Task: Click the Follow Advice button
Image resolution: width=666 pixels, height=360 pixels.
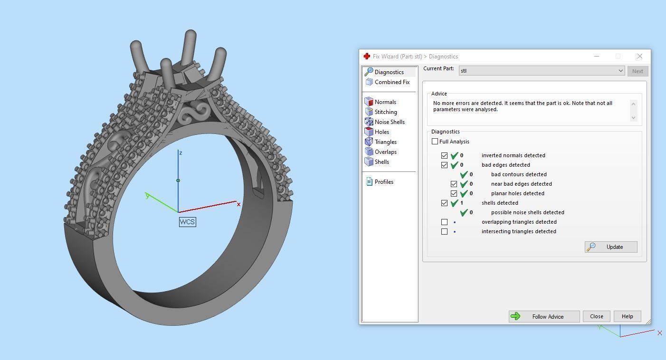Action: tap(544, 316)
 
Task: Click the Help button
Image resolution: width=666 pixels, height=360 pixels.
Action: tap(627, 316)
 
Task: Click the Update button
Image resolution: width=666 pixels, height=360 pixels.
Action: tap(611, 247)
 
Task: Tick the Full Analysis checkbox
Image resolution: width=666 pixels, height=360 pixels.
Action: tap(435, 142)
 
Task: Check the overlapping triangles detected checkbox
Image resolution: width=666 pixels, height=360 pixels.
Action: tap(444, 222)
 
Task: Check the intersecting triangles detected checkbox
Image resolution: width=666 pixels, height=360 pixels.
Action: tap(444, 231)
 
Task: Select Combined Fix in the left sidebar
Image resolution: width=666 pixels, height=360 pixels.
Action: tap(391, 82)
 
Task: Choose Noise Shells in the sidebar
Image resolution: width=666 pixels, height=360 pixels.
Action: tap(389, 122)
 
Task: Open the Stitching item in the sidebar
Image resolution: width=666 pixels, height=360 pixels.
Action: tap(385, 112)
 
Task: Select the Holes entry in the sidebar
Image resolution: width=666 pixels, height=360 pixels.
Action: tap(381, 132)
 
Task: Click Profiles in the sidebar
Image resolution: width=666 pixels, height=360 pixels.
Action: tap(383, 182)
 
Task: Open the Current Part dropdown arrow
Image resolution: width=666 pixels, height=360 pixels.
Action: tap(620, 71)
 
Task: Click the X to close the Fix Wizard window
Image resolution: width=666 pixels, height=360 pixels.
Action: tap(639, 56)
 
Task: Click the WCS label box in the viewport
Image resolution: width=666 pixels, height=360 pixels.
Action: tap(187, 222)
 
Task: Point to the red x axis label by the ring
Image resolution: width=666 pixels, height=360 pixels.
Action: tap(238, 205)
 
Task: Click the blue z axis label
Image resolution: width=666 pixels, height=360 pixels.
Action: tap(181, 153)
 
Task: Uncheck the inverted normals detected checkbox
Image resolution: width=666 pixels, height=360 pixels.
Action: tap(444, 155)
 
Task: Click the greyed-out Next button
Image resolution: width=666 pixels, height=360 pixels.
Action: tap(637, 71)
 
